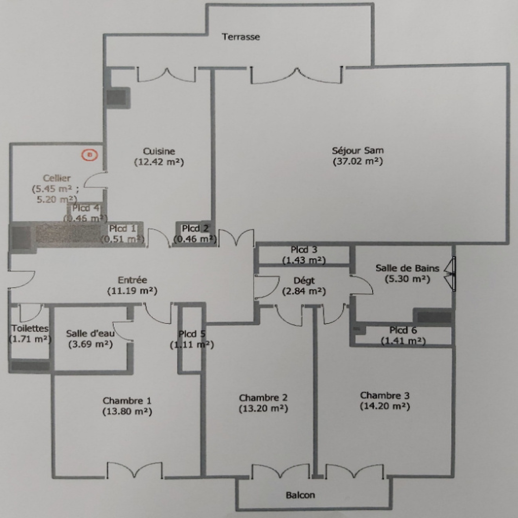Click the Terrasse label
241,37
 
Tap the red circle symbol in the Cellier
90,155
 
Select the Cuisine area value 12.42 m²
159,162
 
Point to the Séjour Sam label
358,151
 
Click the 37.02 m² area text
358,161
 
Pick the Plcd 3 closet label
304,250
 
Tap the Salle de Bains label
407,268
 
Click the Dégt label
304,280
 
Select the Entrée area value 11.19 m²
132,291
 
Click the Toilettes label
30,328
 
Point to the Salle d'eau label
90,333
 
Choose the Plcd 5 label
192,334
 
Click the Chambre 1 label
127,401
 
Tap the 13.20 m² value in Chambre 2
263,409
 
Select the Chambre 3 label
385,395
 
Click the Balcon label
300,495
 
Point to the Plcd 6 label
403,330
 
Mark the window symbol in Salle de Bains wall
450,274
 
